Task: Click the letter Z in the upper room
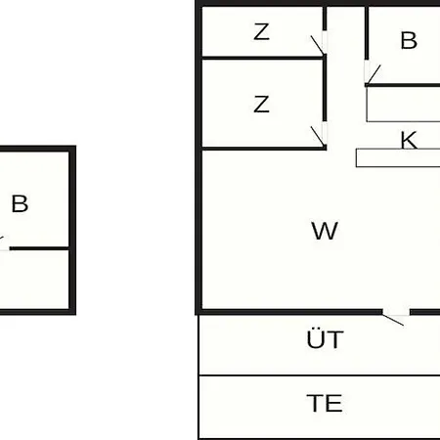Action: pyautogui.click(x=261, y=32)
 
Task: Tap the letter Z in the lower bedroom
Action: pyautogui.click(x=261, y=105)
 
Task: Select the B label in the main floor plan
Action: pyautogui.click(x=409, y=40)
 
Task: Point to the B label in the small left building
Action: pyautogui.click(x=20, y=203)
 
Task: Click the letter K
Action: pyautogui.click(x=409, y=140)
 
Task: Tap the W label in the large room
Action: pyautogui.click(x=325, y=231)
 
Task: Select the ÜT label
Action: pyautogui.click(x=325, y=339)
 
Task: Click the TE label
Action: pyautogui.click(x=325, y=403)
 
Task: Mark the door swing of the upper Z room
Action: pyautogui.click(x=318, y=45)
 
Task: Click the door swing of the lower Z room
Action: pyautogui.click(x=318, y=136)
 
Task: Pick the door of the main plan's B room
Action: pyautogui.click(x=374, y=74)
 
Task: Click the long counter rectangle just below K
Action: pyautogui.click(x=398, y=158)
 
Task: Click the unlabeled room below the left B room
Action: pyautogui.click(x=34, y=280)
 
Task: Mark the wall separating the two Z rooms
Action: pyautogui.click(x=263, y=58)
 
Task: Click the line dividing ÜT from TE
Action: pyautogui.click(x=320, y=375)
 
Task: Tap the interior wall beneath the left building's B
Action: pyautogui.click(x=39, y=248)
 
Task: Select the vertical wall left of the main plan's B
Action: pyautogui.click(x=367, y=33)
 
